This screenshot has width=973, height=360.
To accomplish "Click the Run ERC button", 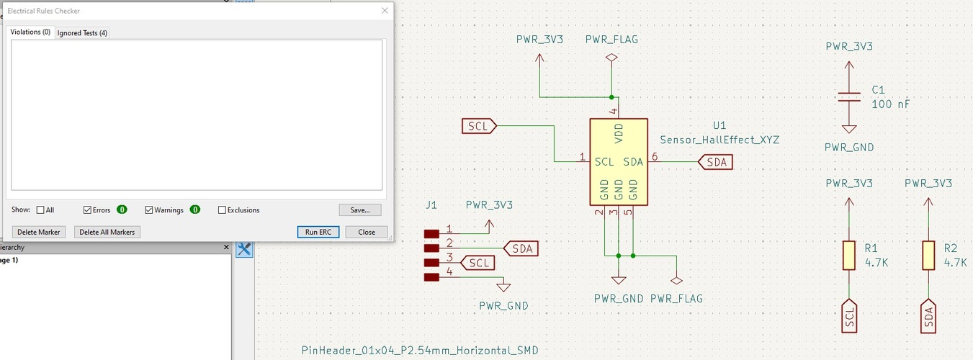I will tap(318, 232).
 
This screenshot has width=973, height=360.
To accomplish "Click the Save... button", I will tap(359, 210).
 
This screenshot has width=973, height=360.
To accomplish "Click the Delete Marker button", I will tap(38, 232).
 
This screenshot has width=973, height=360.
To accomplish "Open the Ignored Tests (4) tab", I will tap(83, 33).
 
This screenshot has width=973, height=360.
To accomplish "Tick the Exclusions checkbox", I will tap(223, 210).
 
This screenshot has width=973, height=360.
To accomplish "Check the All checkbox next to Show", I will tap(40, 210).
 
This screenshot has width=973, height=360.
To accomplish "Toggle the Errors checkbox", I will tap(88, 210).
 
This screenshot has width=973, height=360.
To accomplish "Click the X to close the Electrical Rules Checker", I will tap(385, 11).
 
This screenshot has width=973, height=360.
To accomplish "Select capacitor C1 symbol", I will tap(849, 96).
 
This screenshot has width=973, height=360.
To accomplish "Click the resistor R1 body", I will tap(849, 256).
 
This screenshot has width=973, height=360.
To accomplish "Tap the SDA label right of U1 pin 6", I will tap(716, 162).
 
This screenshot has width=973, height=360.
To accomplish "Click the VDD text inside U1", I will tap(618, 134).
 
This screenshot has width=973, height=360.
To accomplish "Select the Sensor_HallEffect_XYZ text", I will tap(719, 140).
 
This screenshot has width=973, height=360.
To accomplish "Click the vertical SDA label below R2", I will tap(928, 317).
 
